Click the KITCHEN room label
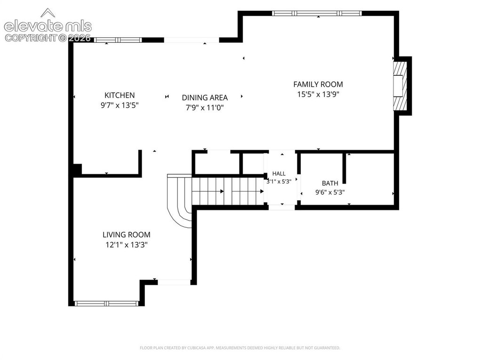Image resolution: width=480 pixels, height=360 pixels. tap(120, 95)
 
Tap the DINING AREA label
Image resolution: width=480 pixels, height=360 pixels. tap(205, 98)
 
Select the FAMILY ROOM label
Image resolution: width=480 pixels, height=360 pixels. tap(318, 84)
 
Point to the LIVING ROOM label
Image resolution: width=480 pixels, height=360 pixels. tap(127, 235)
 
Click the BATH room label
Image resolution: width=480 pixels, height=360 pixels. tap(330, 184)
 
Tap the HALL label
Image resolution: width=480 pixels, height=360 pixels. tap(279, 174)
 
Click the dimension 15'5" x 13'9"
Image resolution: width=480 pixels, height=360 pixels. tap(319, 94)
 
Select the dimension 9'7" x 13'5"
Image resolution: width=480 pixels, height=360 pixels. tap(120, 105)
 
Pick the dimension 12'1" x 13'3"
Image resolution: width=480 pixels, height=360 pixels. tap(127, 245)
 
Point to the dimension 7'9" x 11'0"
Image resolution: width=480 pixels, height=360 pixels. tap(205, 108)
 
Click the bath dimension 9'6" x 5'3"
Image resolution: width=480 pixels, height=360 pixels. tap(330, 192)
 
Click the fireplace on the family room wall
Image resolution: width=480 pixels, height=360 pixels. tap(400, 86)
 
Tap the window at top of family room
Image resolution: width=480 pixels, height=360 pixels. tap(317, 13)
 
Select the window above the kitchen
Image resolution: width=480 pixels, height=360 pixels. tap(118, 40)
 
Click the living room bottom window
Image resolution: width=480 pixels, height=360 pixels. tap(106, 304)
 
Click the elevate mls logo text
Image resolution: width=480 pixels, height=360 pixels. tap(48, 26)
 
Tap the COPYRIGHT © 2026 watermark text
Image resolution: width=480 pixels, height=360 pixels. tap(48, 38)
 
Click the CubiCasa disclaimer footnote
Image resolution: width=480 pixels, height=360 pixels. tap(240, 348)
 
